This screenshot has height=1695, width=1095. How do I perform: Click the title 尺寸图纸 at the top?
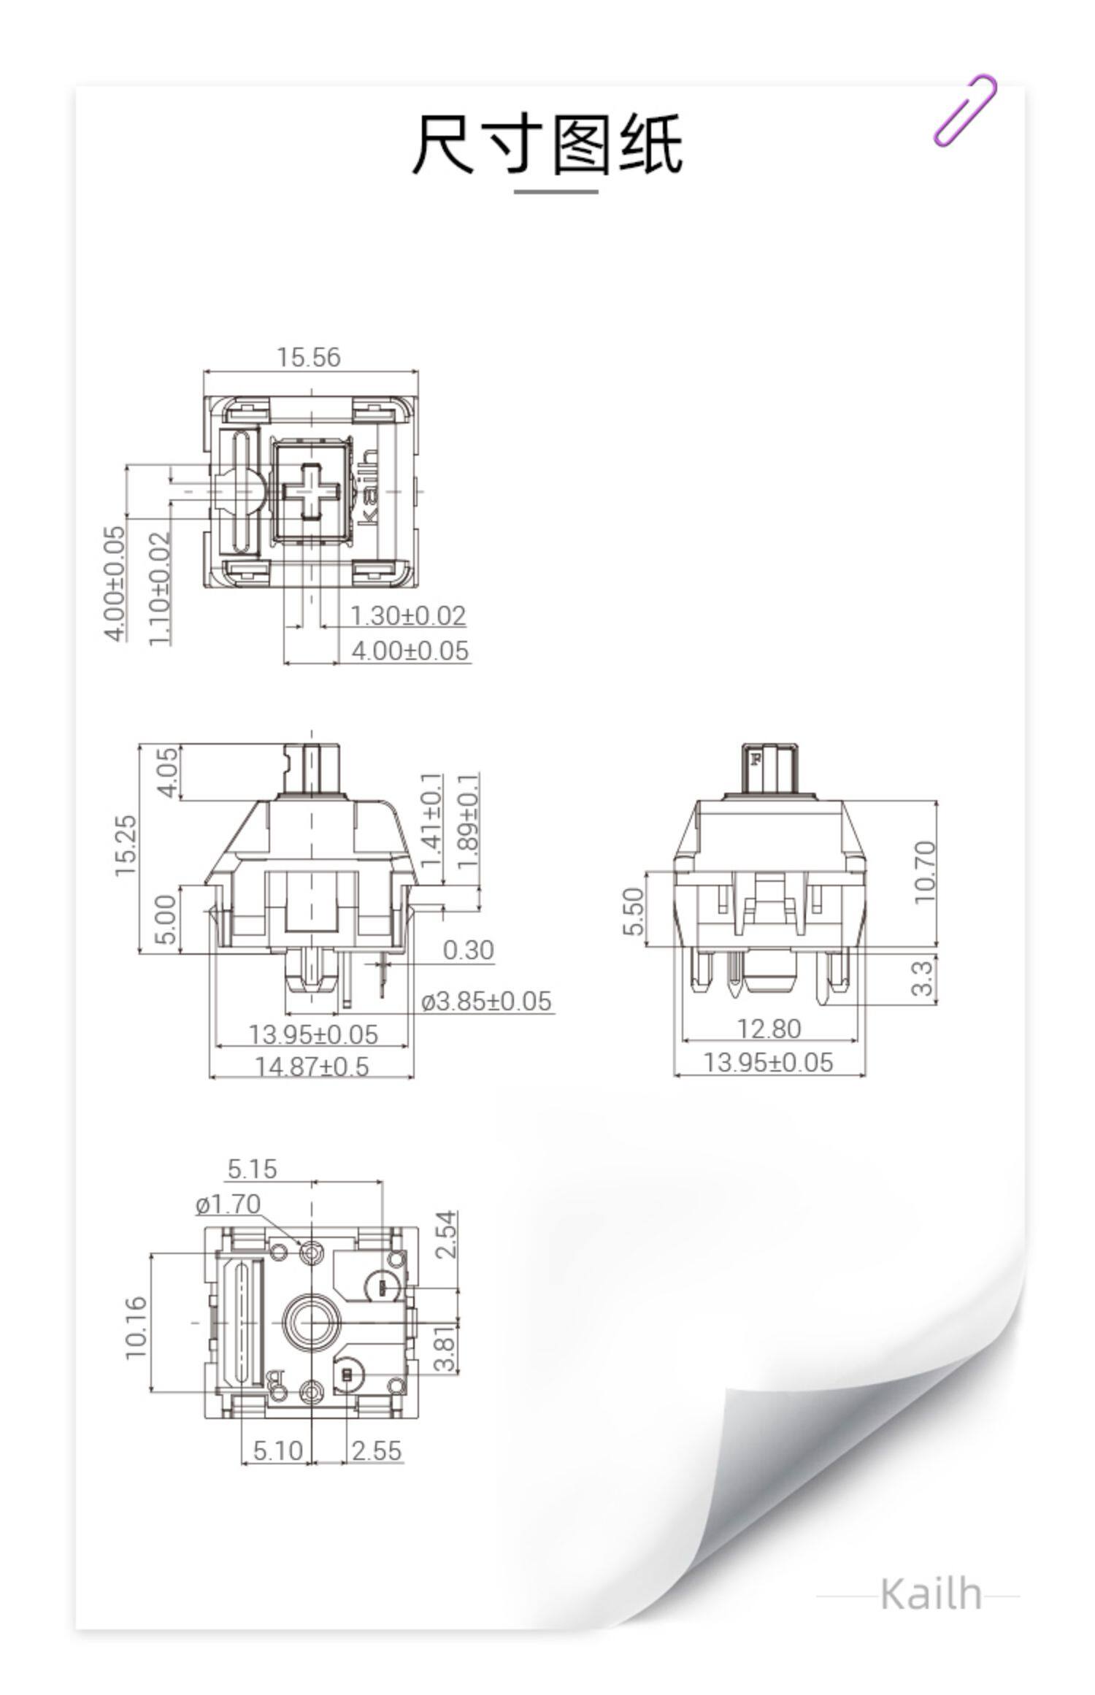[x=547, y=144]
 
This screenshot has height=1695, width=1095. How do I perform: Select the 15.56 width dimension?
[x=308, y=357]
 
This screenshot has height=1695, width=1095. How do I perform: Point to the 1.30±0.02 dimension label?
[x=407, y=615]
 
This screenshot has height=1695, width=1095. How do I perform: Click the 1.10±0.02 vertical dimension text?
[x=160, y=588]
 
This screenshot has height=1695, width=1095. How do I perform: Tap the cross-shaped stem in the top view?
[x=312, y=491]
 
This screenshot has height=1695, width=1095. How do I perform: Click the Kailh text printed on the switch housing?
[x=369, y=488]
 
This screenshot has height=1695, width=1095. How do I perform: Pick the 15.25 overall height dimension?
[x=125, y=845]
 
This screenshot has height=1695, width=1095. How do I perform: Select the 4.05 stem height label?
[x=167, y=772]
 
